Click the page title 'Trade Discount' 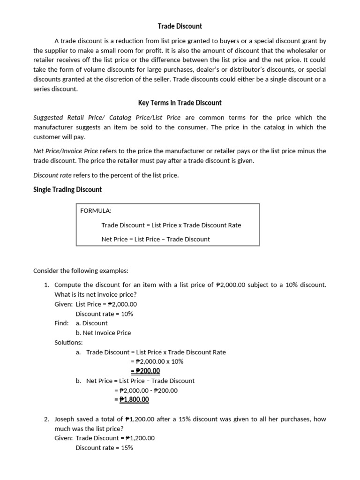point(180,26)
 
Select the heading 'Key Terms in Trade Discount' point(180,103)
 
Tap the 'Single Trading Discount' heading point(67,189)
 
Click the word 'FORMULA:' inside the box point(96,210)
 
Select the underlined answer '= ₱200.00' point(145,371)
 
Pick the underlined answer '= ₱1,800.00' point(132,399)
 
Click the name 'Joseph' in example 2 point(65,419)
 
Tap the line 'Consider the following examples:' point(81,271)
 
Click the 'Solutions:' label point(68,343)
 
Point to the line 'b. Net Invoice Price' point(103,333)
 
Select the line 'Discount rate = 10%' point(104,314)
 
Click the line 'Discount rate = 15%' point(104,448)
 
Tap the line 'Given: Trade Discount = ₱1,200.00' point(105,438)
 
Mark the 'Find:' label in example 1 point(61,323)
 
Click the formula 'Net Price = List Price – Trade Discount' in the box point(156,239)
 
